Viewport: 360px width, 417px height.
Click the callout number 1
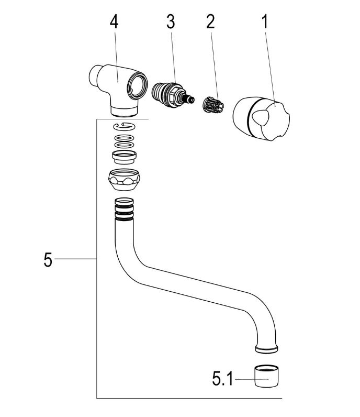[x=265, y=22]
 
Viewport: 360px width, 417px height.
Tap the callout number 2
[x=210, y=22]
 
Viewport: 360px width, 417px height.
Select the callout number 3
[x=171, y=22]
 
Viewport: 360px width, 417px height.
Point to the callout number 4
[x=114, y=22]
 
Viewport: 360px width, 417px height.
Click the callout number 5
[x=48, y=260]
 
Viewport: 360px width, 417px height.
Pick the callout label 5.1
[x=222, y=378]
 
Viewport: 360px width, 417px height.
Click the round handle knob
[x=261, y=118]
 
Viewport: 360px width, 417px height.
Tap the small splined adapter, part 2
[x=213, y=105]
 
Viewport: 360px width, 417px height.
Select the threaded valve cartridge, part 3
[x=173, y=95]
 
